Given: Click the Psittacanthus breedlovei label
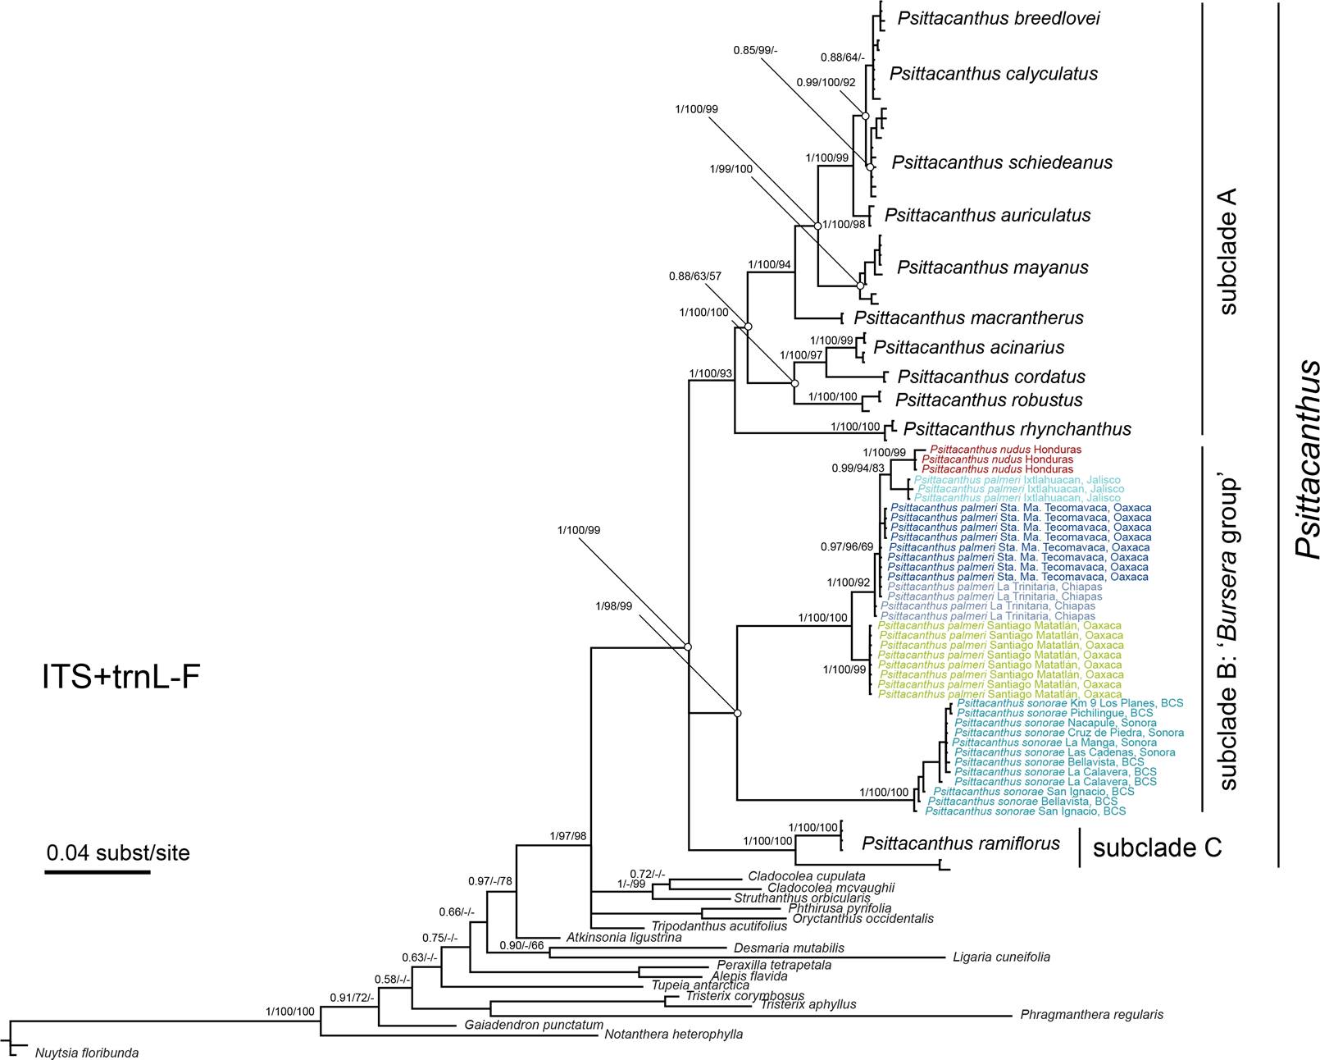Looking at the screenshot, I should click(x=998, y=18).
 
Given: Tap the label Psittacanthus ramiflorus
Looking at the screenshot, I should click(x=960, y=843).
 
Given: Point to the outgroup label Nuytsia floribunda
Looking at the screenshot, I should click(x=86, y=1051).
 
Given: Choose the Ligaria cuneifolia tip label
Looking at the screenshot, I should click(x=1000, y=957).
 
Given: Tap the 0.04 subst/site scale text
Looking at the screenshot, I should click(x=117, y=852).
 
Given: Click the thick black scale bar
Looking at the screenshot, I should click(x=97, y=871).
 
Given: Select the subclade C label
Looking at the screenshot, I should click(x=1157, y=848).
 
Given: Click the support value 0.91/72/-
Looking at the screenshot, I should click(x=351, y=998).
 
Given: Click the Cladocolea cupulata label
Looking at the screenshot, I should click(x=806, y=875).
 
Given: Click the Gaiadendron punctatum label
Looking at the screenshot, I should click(x=533, y=1025).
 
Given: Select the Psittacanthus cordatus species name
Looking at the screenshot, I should click(x=990, y=377).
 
